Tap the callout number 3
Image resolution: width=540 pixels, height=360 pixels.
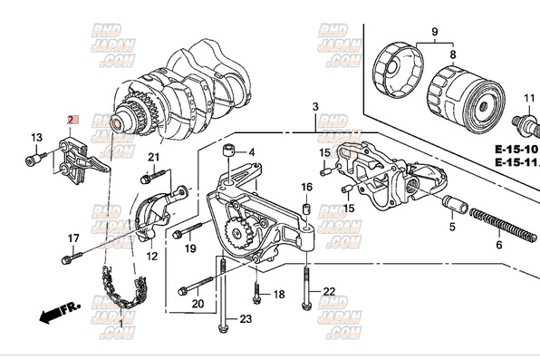(315, 108)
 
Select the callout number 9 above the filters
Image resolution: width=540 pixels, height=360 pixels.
(434, 34)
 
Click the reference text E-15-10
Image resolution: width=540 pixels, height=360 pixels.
(516, 147)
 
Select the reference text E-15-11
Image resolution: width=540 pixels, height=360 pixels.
(516, 162)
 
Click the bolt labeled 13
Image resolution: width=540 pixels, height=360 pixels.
(34, 161)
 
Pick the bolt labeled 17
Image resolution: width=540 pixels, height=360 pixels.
(68, 259)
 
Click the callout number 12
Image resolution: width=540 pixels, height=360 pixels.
(151, 257)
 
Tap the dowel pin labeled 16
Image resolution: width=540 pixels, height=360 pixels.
(306, 210)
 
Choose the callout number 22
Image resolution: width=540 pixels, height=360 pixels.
(329, 290)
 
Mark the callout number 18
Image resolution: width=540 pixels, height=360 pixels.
(278, 295)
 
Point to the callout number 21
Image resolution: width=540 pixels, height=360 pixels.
(154, 159)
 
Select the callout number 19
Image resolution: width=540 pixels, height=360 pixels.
(190, 248)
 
